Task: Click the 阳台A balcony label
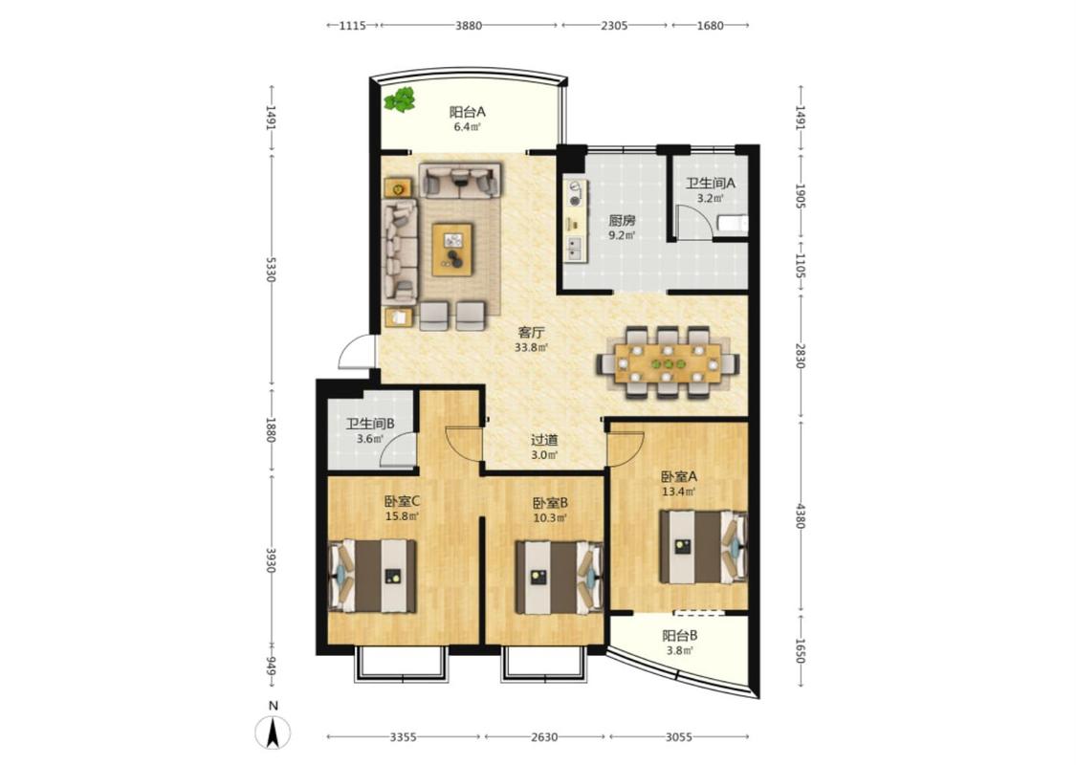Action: pos(468,112)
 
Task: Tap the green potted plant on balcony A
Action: pos(400,100)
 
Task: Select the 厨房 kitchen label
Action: pos(622,221)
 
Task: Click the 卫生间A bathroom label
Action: pos(711,184)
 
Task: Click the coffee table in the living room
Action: pos(452,249)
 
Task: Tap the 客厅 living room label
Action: pos(531,333)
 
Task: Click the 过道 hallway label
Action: pos(543,440)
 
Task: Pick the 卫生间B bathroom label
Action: pos(369,425)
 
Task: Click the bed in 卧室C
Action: pos(373,576)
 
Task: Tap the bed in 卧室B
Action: pos(560,578)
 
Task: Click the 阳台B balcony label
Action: pos(679,635)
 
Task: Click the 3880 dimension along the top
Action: pos(469,26)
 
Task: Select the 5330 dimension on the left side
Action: pos(272,269)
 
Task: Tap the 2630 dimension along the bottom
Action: pos(544,737)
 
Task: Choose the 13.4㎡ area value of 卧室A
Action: pos(678,492)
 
